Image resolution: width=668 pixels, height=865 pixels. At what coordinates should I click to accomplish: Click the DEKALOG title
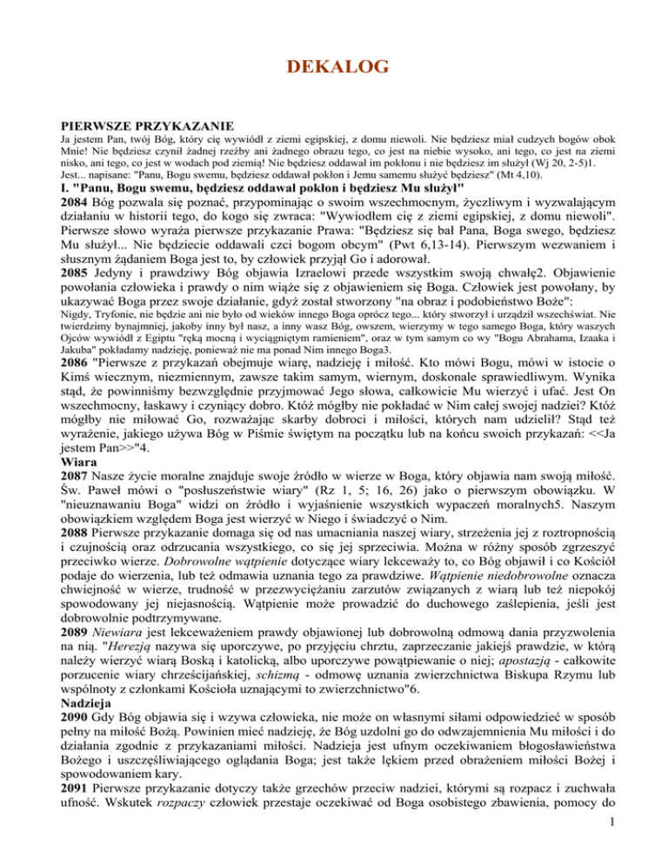click(x=333, y=65)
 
